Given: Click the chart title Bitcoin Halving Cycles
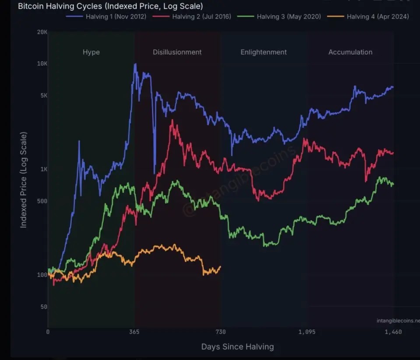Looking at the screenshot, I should (110, 7).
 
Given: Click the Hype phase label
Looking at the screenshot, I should (91, 52).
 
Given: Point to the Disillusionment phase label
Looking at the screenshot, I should (177, 52).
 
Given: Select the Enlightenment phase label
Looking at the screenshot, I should (263, 52).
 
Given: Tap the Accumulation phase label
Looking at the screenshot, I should (350, 52).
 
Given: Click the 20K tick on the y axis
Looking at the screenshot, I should (42, 32).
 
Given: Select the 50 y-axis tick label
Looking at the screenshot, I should (43, 307).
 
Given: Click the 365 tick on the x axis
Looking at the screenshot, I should (134, 332).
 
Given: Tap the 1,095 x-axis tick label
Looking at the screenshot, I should (307, 332).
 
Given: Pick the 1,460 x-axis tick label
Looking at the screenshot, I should (393, 332).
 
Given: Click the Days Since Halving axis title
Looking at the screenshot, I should (238, 347).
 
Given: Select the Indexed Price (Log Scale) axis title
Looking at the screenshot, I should (24, 179).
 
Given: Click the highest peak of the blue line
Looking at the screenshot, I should (135, 64).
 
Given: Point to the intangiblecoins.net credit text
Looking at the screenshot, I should (397, 321).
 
